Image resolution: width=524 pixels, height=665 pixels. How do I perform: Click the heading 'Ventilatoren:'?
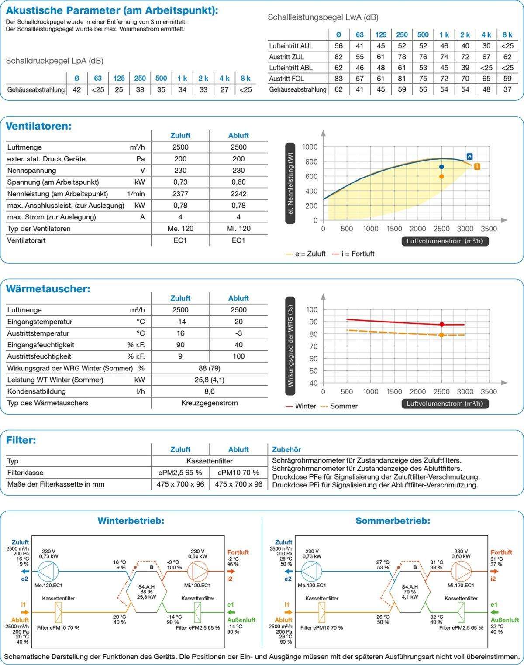point(38,126)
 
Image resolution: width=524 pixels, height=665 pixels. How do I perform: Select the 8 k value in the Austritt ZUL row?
point(507,57)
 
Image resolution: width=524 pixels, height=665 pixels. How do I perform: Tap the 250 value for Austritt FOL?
point(402,79)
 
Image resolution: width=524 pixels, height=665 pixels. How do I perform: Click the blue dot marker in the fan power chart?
point(441,167)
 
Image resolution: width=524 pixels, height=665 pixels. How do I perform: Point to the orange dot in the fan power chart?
point(441,176)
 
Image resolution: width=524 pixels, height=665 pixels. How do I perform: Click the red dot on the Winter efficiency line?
point(442,325)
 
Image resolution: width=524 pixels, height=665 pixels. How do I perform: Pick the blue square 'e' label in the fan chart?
point(469,157)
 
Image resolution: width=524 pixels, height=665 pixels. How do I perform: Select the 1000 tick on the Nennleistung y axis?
point(310,147)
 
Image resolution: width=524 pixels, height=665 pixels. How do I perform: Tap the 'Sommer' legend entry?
point(340,406)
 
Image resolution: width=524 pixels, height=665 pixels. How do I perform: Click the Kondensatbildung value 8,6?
point(210,391)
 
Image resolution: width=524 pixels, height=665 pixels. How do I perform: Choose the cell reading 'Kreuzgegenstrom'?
point(210,403)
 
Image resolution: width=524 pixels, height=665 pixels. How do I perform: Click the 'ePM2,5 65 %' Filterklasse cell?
point(180,473)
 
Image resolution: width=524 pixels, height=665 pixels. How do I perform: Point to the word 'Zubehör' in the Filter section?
point(286,449)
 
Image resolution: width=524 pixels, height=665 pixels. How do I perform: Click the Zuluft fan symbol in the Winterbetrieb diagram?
point(48,571)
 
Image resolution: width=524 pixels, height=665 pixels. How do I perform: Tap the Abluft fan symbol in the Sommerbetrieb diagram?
point(461,571)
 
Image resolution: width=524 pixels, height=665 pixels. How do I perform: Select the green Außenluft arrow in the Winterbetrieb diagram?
point(231,612)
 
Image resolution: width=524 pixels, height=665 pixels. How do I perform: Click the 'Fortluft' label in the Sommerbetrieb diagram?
point(501,552)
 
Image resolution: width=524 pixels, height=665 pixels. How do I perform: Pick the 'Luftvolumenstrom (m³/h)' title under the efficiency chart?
point(445,404)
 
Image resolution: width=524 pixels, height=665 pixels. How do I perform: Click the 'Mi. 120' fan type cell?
point(238,229)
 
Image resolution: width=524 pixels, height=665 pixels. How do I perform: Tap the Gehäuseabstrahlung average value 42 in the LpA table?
point(77,90)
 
